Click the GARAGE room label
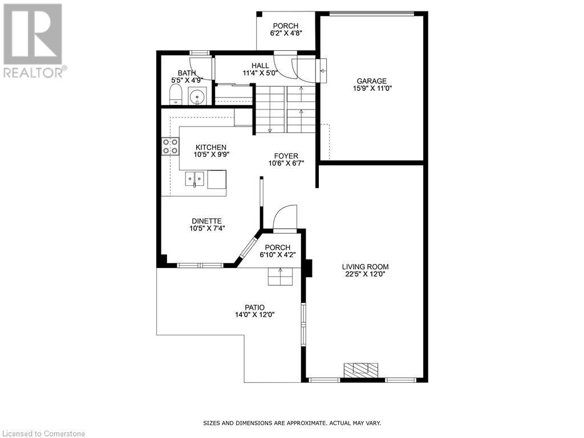click(x=371, y=81)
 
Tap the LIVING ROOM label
click(x=365, y=266)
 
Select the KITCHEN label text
click(x=210, y=147)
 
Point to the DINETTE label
click(x=206, y=221)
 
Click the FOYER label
click(x=286, y=155)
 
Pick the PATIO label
click(x=255, y=307)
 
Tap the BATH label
click(x=186, y=73)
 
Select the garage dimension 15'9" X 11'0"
click(x=371, y=88)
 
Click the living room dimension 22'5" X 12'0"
click(x=365, y=274)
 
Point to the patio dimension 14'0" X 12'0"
click(x=255, y=315)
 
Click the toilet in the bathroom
click(x=176, y=96)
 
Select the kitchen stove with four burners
click(x=170, y=146)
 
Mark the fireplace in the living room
click(x=360, y=370)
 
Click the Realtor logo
click(x=33, y=40)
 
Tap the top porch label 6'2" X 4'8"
click(x=286, y=33)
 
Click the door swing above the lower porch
click(x=286, y=218)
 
